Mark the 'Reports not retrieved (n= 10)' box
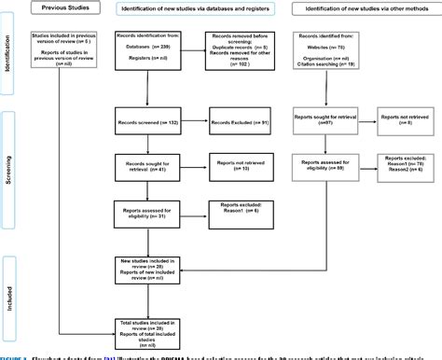[242, 166]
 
